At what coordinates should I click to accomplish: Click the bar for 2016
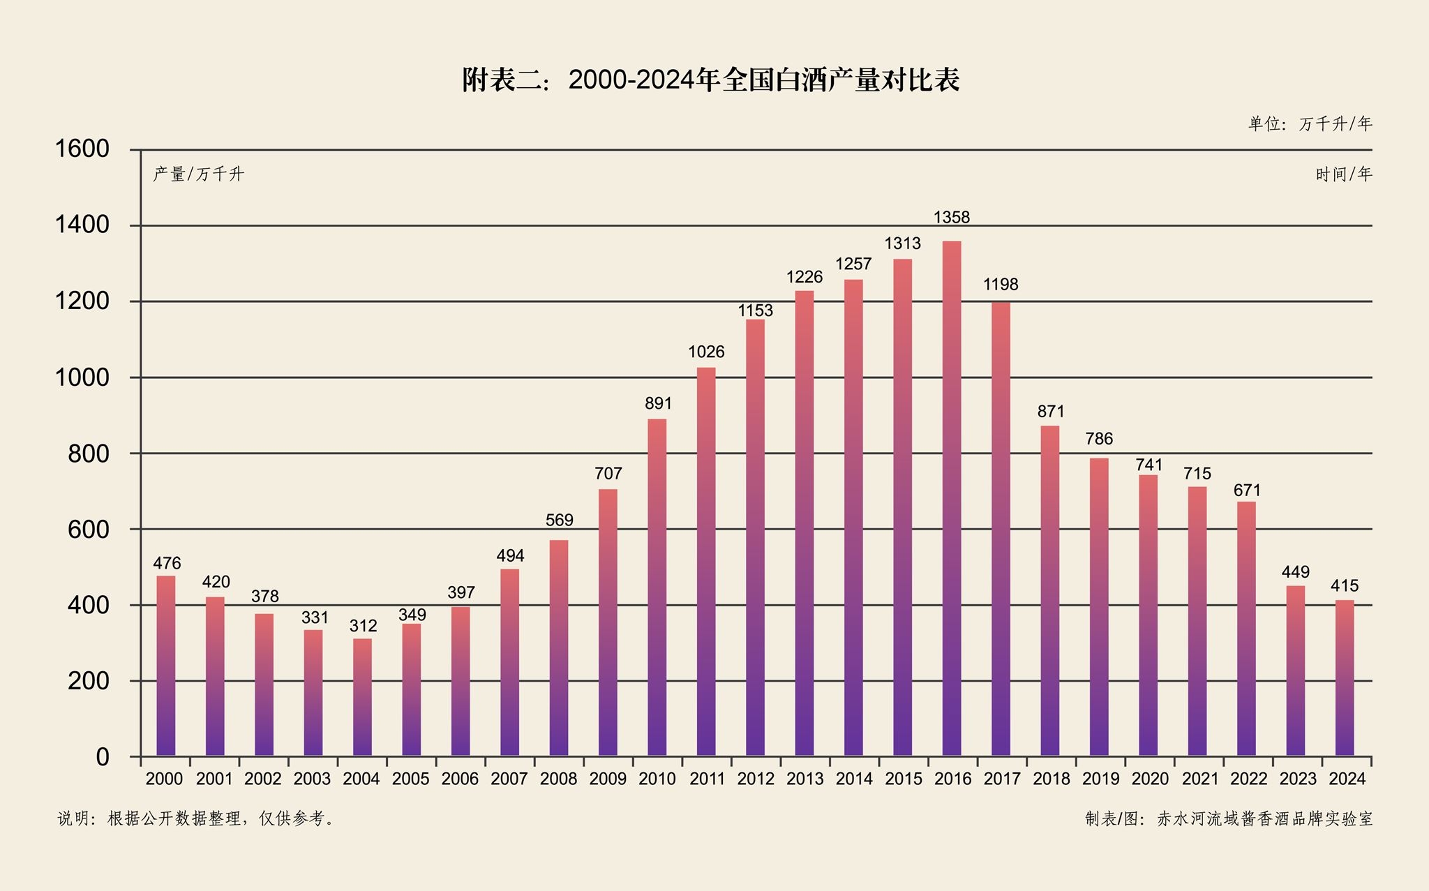click(952, 498)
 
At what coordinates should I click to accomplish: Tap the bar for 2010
click(657, 587)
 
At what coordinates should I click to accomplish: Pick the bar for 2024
click(1345, 677)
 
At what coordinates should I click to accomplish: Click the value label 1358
click(952, 218)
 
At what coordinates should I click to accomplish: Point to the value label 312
click(363, 626)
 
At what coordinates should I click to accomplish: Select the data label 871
click(1051, 412)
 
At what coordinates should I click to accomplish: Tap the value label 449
click(1296, 572)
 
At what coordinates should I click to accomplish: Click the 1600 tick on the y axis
click(82, 149)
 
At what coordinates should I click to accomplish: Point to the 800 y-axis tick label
click(89, 454)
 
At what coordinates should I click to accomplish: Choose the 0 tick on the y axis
click(103, 757)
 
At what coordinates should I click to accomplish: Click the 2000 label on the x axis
click(165, 779)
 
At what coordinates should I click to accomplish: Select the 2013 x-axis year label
click(805, 779)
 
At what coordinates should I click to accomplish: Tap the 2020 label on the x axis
click(1149, 779)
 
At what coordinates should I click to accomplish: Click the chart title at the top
click(710, 80)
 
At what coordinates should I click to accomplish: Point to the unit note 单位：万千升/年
click(1310, 124)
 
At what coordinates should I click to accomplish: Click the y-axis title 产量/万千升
click(198, 174)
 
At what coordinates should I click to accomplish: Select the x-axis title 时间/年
click(1343, 174)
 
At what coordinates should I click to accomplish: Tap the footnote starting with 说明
click(196, 818)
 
